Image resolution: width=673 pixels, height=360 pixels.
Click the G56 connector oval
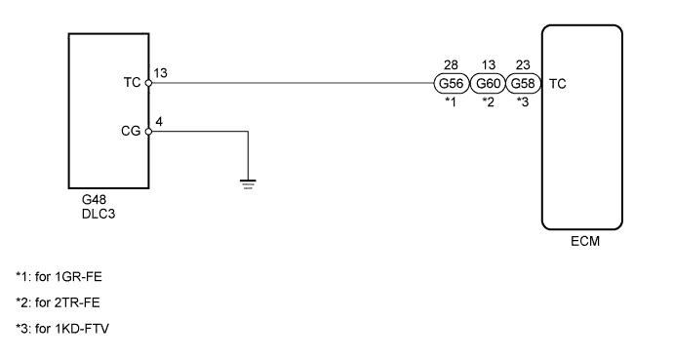(x=451, y=83)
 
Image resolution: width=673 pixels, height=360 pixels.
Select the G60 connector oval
(x=488, y=83)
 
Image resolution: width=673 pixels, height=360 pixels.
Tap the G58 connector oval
(x=524, y=83)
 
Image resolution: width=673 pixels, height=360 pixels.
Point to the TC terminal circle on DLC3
(x=148, y=83)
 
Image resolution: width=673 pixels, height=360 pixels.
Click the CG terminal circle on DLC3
(x=148, y=132)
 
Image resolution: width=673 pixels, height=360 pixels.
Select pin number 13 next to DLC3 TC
(x=160, y=72)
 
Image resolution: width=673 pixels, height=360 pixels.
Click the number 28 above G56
(x=451, y=66)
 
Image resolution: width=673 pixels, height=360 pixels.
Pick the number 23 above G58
(x=524, y=66)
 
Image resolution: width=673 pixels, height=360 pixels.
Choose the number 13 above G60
(x=488, y=66)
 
